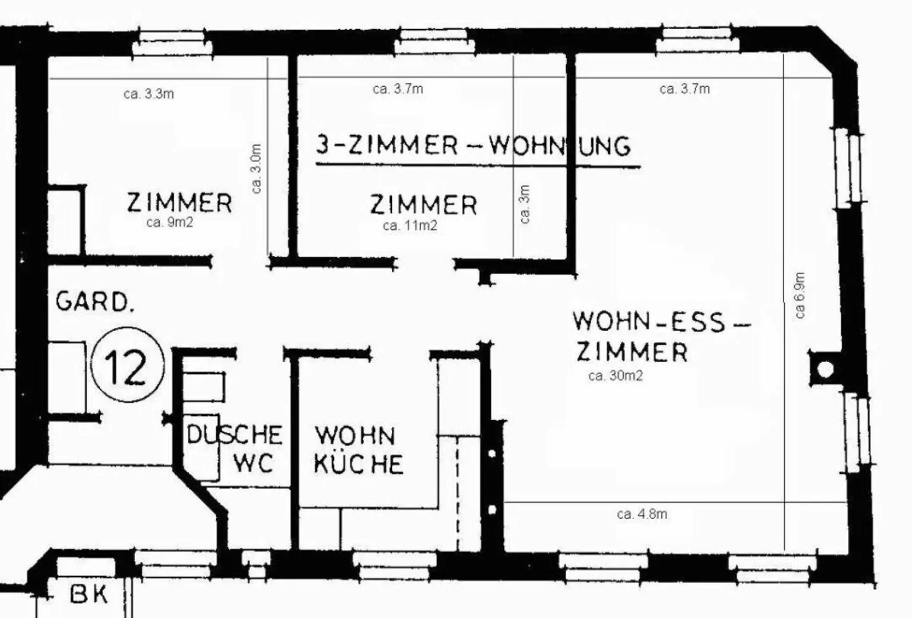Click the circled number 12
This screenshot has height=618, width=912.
point(128,365)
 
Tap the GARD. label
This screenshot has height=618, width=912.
point(95,301)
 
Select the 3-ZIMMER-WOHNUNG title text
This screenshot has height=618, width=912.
point(474,146)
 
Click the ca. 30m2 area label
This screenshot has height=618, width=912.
point(616,375)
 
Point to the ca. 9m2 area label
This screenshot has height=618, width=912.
point(169,222)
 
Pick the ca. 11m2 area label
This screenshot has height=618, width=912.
point(410,225)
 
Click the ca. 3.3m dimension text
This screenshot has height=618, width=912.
point(149,94)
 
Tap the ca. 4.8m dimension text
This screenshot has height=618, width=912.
point(642,514)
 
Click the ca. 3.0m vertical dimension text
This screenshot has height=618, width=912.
point(256,168)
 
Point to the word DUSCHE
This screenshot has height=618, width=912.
point(234,435)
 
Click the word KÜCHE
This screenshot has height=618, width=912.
point(358,464)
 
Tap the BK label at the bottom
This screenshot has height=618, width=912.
point(89,595)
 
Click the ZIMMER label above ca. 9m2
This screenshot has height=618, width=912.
point(179,203)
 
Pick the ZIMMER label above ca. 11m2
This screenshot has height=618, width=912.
point(423,205)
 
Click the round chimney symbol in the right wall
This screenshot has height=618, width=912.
point(825,369)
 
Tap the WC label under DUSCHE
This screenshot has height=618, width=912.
point(253,463)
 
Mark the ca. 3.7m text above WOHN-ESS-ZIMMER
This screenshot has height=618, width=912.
point(685,89)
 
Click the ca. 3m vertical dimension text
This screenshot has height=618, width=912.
point(524,204)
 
